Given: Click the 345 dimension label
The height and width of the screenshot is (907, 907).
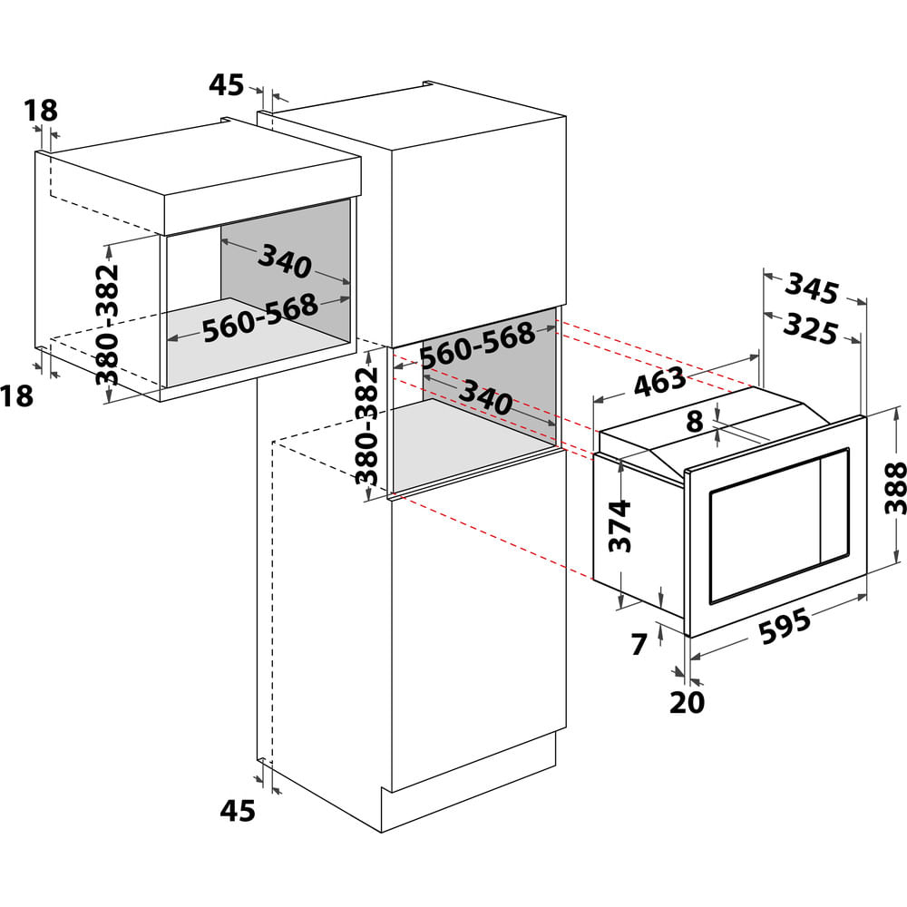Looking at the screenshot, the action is [x=812, y=288].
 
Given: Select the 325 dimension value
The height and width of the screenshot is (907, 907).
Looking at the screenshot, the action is [x=810, y=330].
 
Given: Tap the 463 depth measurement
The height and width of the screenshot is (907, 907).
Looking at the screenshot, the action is [x=659, y=383].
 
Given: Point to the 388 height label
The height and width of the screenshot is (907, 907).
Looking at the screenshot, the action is [x=895, y=488].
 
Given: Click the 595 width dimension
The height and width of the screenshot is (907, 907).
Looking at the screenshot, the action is [x=785, y=627].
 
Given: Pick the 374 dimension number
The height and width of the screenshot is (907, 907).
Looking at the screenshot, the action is [x=619, y=526].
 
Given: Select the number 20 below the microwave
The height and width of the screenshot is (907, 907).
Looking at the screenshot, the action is [x=688, y=702].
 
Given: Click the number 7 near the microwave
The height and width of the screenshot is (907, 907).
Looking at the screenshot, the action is [x=639, y=644].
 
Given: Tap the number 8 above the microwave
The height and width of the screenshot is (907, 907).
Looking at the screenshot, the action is [x=694, y=421].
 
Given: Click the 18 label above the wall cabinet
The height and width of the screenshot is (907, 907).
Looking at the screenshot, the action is [x=41, y=111].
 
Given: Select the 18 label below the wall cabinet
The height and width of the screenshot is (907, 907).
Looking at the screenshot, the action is [x=16, y=396].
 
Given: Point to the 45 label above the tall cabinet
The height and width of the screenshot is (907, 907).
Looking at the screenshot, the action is [x=226, y=85].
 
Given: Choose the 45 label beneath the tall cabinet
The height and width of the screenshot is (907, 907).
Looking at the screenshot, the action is [x=237, y=810].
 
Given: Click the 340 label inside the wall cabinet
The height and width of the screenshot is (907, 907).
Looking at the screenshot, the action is [x=285, y=261].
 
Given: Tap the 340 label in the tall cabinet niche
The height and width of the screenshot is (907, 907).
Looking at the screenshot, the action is [x=485, y=397].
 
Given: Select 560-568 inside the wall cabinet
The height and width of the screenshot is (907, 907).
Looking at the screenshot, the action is [x=260, y=318].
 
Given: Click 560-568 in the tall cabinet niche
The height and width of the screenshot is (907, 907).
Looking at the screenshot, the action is [x=477, y=346].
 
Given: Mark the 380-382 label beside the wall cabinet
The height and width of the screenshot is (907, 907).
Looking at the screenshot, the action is [x=107, y=325].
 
